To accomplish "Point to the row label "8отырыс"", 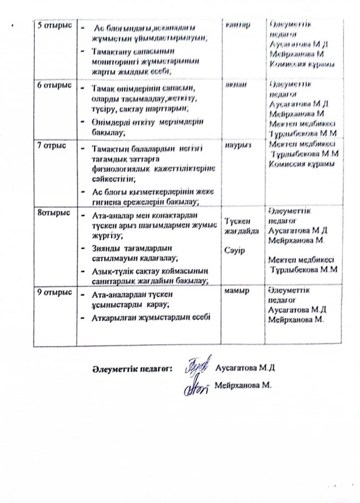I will tap(50, 213).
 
